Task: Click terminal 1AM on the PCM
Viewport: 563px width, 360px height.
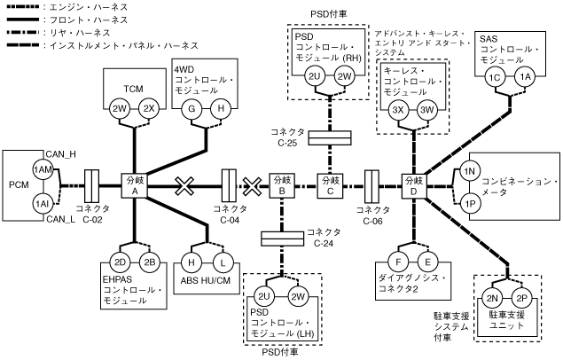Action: pos(42,169)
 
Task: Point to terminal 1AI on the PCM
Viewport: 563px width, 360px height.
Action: pos(42,203)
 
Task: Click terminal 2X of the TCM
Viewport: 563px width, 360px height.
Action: pos(150,109)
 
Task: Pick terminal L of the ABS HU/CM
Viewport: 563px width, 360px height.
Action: pos(222,262)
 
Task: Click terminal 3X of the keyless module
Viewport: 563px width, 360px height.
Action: pos(399,110)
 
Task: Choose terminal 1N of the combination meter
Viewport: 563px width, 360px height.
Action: pos(470,169)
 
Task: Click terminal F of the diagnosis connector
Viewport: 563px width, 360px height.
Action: pos(401,262)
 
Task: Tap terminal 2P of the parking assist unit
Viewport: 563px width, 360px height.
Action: pos(522,297)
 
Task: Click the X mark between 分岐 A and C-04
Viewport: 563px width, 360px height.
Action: pos(184,185)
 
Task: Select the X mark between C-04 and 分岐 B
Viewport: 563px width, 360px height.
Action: pos(253,185)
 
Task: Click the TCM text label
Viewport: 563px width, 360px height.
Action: pos(133,89)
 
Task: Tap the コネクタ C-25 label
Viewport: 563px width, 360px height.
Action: pos(289,137)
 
